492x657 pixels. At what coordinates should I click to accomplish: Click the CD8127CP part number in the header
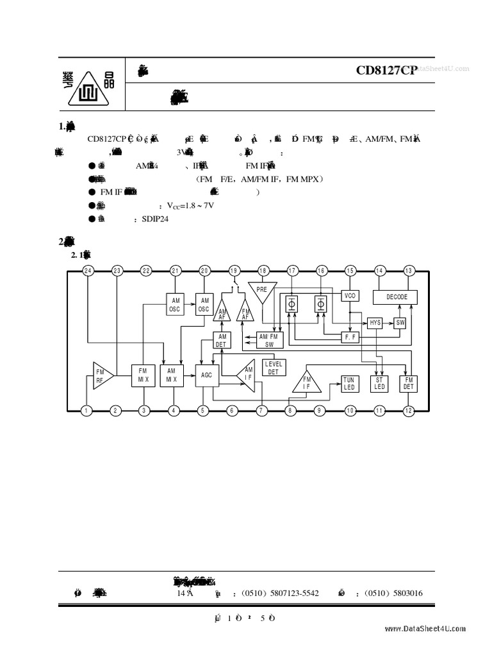click(386, 71)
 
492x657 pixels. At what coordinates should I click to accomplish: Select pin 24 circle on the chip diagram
click(88, 271)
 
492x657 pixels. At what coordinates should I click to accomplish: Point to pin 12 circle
click(409, 410)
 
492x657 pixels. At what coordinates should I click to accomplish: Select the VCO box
click(350, 296)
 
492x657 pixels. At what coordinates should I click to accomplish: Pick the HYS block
click(375, 323)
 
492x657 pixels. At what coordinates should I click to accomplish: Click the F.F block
click(350, 336)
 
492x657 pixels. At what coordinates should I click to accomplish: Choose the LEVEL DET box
click(274, 368)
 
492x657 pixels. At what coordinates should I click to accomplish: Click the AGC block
click(206, 375)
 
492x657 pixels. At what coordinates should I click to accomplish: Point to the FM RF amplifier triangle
click(102, 375)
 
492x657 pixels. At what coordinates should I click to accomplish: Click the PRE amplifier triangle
click(261, 290)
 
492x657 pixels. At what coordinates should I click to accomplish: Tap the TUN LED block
click(348, 384)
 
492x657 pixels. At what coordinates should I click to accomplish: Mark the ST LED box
click(379, 384)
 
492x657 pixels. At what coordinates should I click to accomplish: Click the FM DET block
click(408, 384)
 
